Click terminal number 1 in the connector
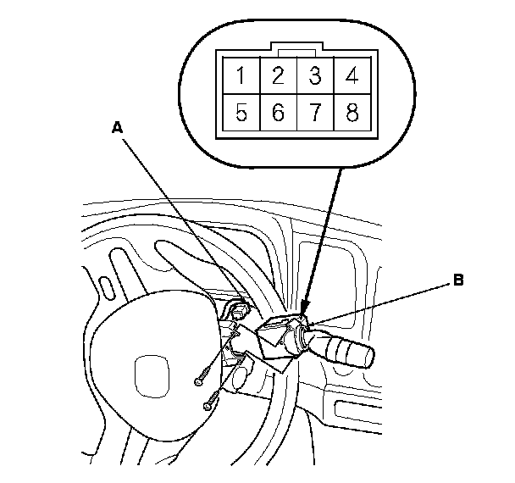point(241,77)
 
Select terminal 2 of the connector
point(278,77)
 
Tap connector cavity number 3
point(315,77)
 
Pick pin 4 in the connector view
point(351,77)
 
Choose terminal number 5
point(241,114)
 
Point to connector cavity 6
point(278,114)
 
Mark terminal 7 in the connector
point(315,114)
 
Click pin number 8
point(351,114)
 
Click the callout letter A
point(118,126)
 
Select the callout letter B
point(458,279)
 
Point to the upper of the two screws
point(200,380)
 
